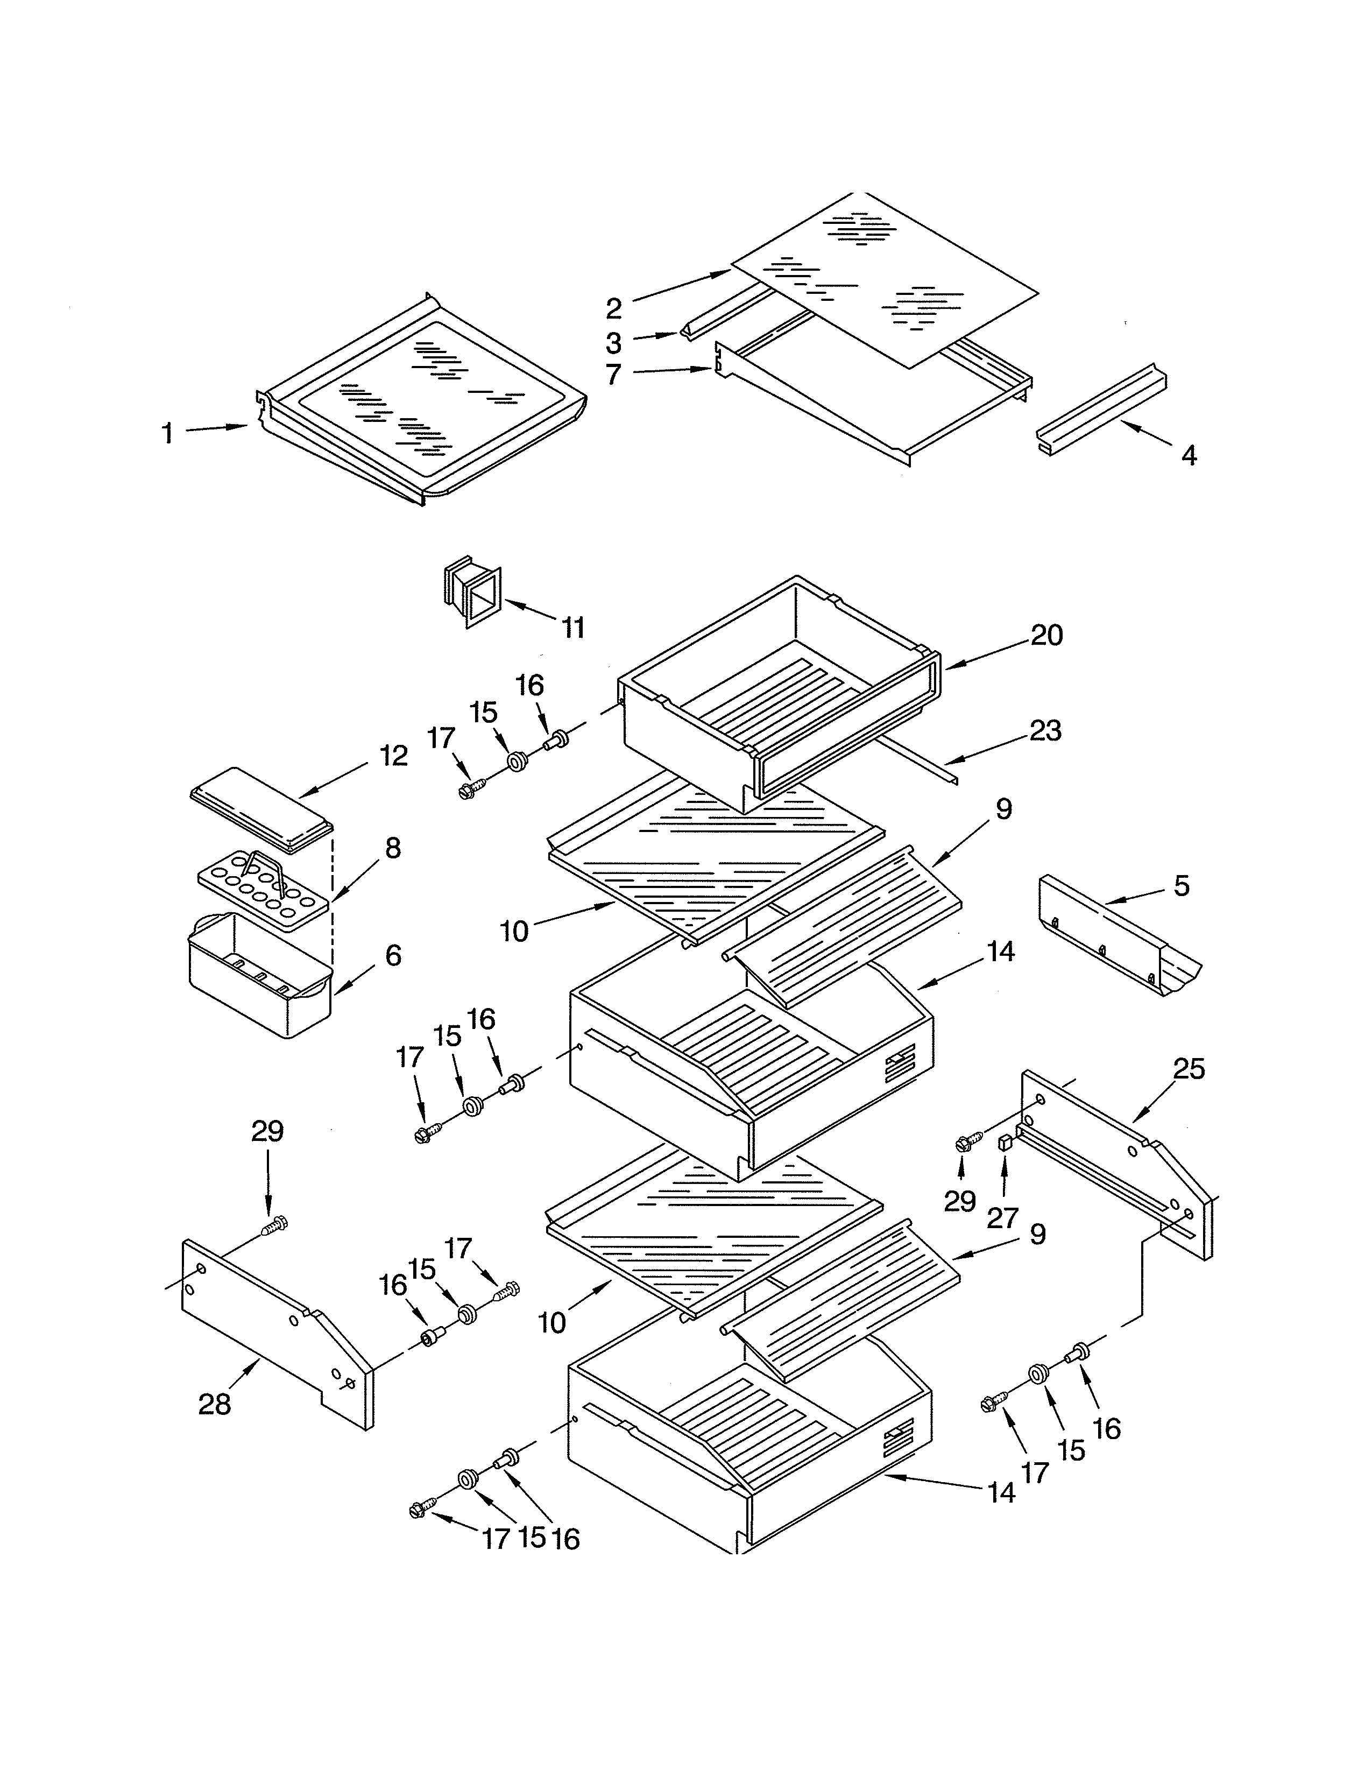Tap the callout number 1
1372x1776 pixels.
pos(167,433)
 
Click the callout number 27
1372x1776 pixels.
pos(1002,1217)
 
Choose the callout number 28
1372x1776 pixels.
pos(215,1404)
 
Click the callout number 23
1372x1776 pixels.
pos(1045,730)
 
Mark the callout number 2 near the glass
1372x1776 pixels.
pos(614,308)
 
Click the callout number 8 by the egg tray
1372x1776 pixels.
pos(393,848)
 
